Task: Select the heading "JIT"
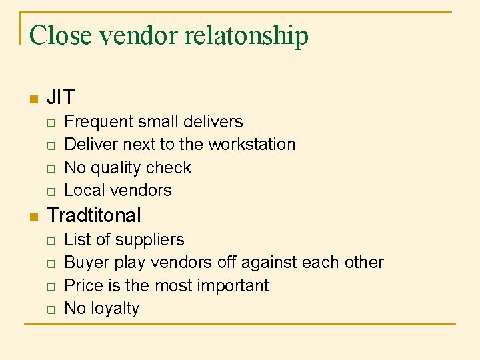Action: click(x=61, y=98)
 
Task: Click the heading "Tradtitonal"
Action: click(x=95, y=215)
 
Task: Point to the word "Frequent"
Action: click(x=99, y=121)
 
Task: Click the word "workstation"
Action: click(x=252, y=144)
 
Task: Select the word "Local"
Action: click(x=84, y=190)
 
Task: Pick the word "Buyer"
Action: click(x=85, y=262)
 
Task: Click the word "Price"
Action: click(x=83, y=285)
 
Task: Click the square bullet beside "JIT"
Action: click(x=33, y=100)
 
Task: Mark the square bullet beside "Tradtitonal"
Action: click(x=33, y=217)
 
